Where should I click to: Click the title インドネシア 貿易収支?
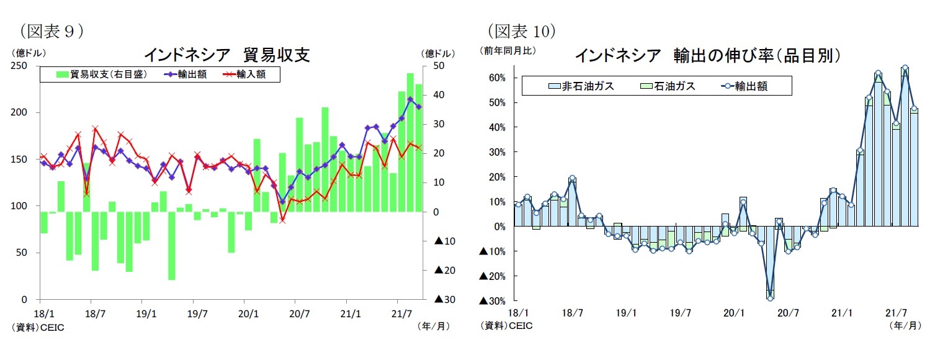[x=226, y=55]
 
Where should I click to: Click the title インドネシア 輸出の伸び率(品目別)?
[x=707, y=56]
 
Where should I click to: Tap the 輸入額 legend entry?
[x=248, y=74]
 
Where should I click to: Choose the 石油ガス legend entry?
[x=667, y=86]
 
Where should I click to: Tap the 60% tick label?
[x=496, y=78]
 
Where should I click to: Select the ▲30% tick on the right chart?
[x=492, y=301]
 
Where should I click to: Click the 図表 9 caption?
[x=51, y=30]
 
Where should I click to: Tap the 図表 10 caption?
[x=521, y=30]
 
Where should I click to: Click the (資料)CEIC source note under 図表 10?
[x=506, y=325]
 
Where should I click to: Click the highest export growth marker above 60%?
[x=905, y=68]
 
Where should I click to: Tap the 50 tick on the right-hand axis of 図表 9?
[x=436, y=66]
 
